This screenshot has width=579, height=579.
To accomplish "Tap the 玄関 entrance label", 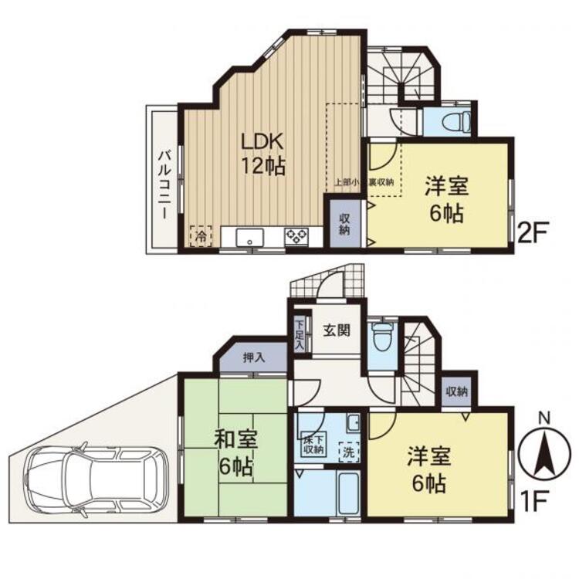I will pyautogui.click(x=336, y=331).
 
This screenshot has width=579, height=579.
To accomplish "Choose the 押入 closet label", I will pyautogui.click(x=254, y=358).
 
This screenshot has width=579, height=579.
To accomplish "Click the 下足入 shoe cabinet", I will pyautogui.click(x=299, y=337).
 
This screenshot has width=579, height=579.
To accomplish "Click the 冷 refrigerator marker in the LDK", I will pyautogui.click(x=201, y=235).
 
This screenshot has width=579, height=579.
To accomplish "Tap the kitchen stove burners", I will pyautogui.click(x=296, y=236).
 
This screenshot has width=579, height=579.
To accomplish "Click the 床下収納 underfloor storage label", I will pyautogui.click(x=313, y=444).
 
